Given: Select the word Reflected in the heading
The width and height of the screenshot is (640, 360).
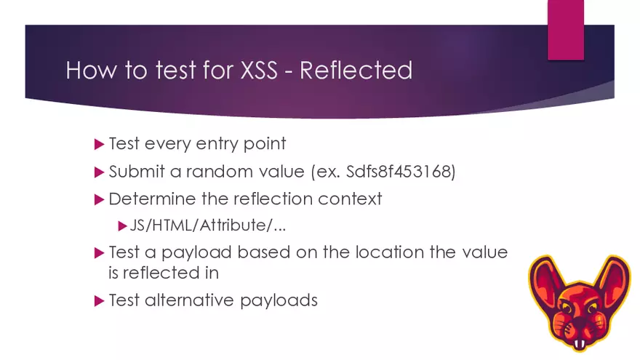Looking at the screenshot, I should pyautogui.click(x=356, y=71).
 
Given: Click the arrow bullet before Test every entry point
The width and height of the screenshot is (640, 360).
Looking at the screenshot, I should pyautogui.click(x=100, y=144).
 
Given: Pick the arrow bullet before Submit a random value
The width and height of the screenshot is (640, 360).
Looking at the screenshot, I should pyautogui.click(x=100, y=173).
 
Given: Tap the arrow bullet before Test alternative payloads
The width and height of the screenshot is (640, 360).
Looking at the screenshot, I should pyautogui.click(x=100, y=300).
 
